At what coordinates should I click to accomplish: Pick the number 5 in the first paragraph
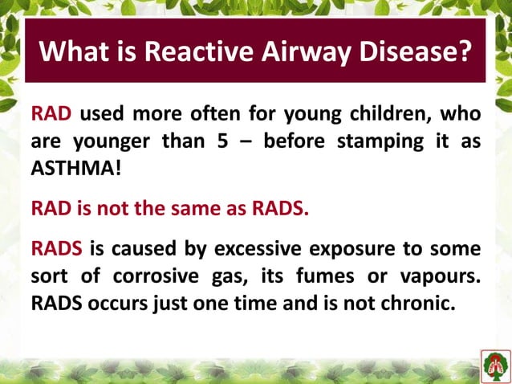click(239, 141)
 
